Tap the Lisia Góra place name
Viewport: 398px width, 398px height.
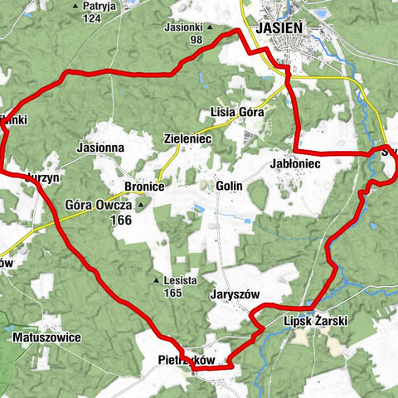click(x=237, y=112)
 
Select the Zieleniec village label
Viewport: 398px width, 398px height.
click(x=187, y=139)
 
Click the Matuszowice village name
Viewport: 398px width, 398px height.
click(x=46, y=338)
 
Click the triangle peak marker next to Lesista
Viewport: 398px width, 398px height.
click(x=156, y=280)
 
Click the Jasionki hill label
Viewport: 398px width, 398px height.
click(x=183, y=27)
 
